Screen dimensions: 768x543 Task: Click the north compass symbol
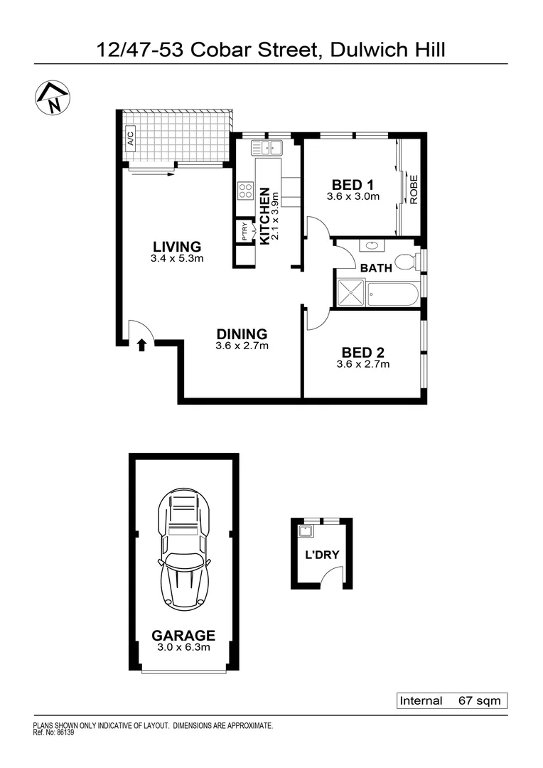click(x=53, y=98)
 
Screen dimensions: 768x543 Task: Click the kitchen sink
click(x=267, y=148)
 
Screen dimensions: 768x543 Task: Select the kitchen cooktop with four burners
click(x=246, y=191)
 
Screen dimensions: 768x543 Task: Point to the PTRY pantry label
click(x=244, y=233)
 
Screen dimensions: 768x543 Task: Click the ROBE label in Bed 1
click(x=413, y=190)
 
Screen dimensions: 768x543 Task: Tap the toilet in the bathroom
click(x=406, y=262)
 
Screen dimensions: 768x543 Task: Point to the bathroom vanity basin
click(x=370, y=246)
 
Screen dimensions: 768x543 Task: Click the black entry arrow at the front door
click(x=141, y=345)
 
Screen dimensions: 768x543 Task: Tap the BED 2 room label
click(x=362, y=352)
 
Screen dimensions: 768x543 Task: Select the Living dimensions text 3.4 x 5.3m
click(x=177, y=259)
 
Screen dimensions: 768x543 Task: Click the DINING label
click(x=242, y=334)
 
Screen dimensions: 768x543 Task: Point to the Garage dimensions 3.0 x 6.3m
click(x=183, y=647)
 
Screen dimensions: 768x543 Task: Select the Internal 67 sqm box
click(x=451, y=700)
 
